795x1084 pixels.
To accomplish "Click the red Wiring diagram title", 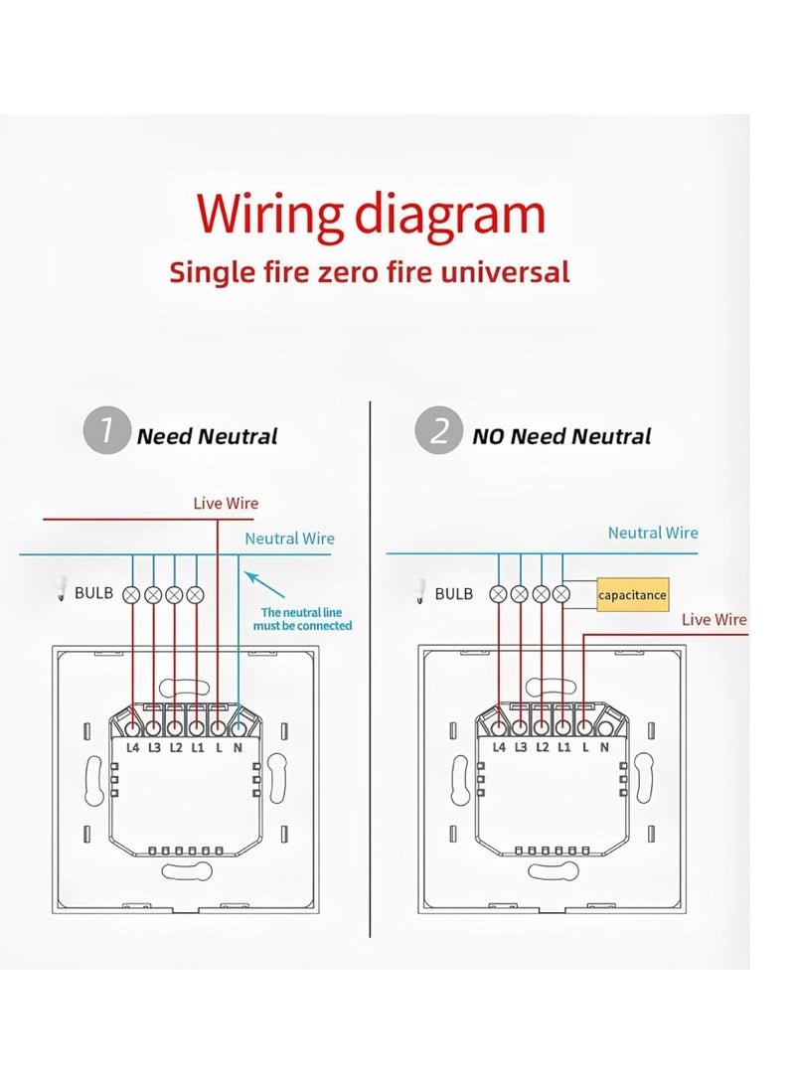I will tap(371, 215).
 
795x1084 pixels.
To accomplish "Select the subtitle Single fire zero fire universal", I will tap(369, 272).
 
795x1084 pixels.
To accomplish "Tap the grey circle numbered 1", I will tap(106, 434).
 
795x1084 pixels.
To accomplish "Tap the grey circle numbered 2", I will tap(437, 434).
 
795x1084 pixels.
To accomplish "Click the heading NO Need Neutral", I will tap(561, 436).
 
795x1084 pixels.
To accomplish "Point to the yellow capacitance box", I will tap(632, 595).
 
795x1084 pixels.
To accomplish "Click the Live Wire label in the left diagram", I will tap(226, 504).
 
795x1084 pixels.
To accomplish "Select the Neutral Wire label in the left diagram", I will tap(290, 539).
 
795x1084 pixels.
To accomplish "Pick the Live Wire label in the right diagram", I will tap(714, 620).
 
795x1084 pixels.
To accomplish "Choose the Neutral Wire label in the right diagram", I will tap(653, 533).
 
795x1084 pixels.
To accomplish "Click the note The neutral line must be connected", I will tap(306, 619).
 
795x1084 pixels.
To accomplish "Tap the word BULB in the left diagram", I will tap(94, 593).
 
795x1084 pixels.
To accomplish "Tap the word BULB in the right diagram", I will tap(454, 593).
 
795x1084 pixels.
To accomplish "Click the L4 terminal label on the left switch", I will tap(133, 746).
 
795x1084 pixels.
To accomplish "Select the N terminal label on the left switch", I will tap(238, 746).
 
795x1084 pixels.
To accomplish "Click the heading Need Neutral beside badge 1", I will tap(207, 436).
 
